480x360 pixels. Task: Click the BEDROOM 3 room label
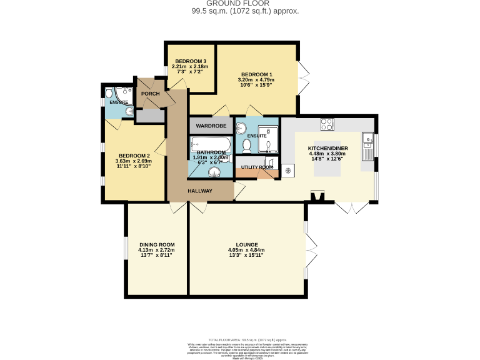[191, 61]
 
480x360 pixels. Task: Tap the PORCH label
[151, 94]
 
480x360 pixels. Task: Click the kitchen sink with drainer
[367, 148]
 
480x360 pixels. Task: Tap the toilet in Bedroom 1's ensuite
[246, 145]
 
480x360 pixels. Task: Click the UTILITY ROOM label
[257, 167]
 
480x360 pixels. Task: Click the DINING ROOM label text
[156, 244]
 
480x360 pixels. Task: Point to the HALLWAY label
[200, 191]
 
